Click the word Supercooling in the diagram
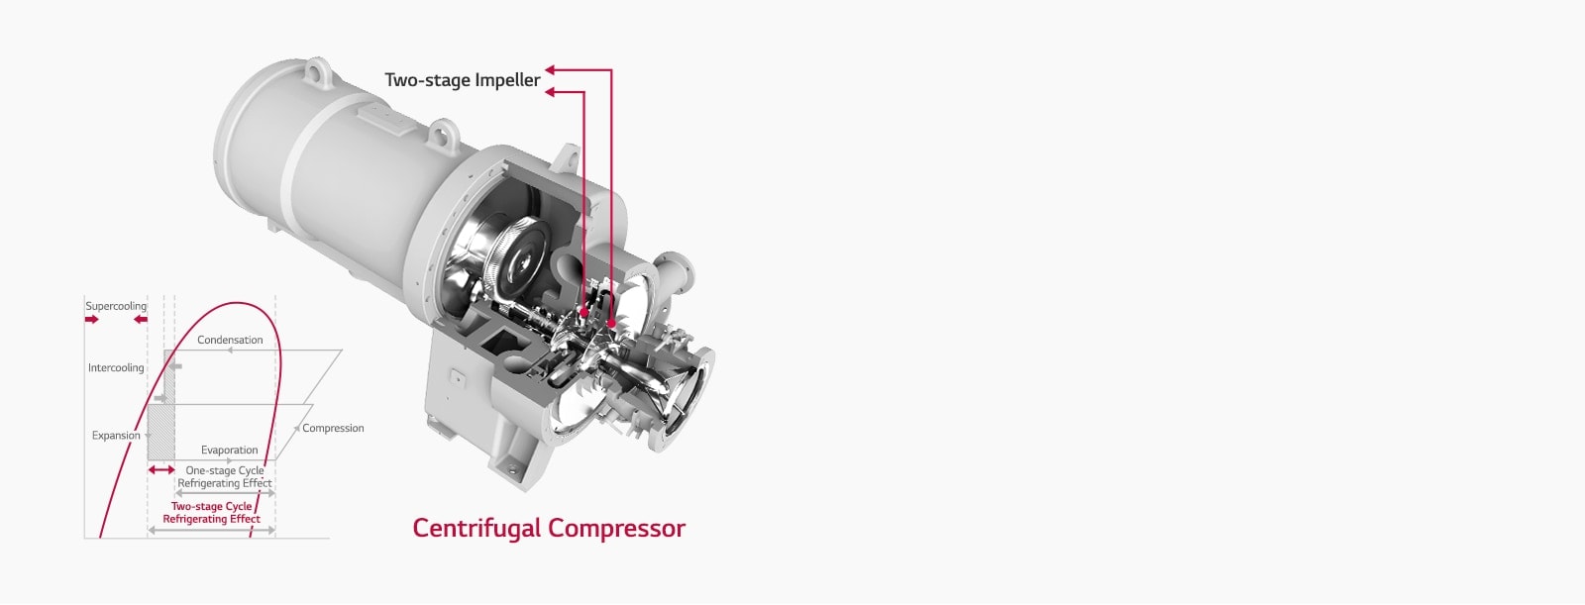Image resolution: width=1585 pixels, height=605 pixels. (x=116, y=306)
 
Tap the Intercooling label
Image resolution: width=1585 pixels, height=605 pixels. (x=116, y=367)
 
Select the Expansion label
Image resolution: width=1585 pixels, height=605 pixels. (x=116, y=435)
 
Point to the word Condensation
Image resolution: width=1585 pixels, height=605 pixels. (x=230, y=340)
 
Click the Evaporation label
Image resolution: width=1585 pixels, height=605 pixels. (x=229, y=450)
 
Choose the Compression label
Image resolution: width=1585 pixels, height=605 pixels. (x=333, y=428)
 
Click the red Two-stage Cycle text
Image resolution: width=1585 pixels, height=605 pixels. (x=211, y=506)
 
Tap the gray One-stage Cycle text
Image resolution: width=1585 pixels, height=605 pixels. (x=225, y=470)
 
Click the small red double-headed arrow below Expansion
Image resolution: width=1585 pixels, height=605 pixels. (x=160, y=469)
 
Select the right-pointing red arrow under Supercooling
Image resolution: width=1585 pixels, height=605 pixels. (x=92, y=320)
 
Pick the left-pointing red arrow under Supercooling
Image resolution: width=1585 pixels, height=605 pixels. (x=141, y=320)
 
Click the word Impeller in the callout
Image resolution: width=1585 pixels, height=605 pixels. (x=507, y=80)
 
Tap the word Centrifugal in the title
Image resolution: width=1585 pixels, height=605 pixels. (x=476, y=528)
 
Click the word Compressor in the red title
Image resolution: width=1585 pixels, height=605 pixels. (x=616, y=528)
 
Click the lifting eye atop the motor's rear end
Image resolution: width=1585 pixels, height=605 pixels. (x=317, y=72)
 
